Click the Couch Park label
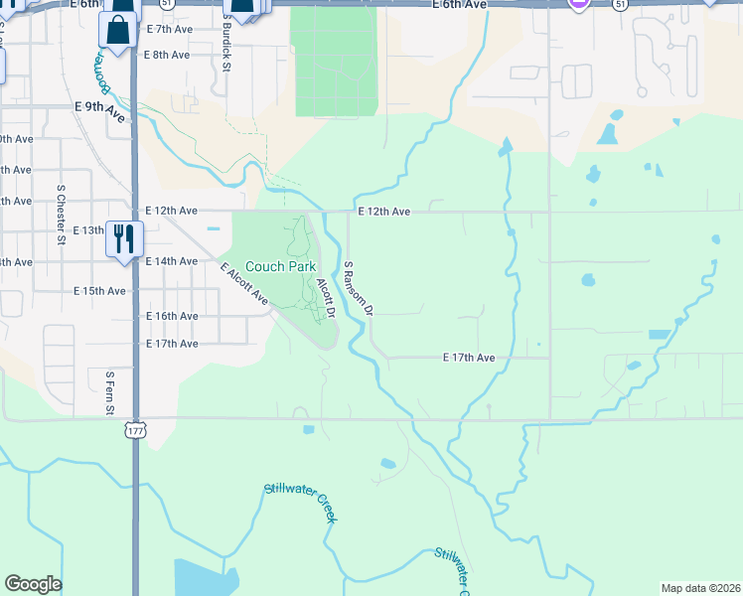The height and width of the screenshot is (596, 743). point(280,266)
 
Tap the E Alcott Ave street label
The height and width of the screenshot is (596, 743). point(244,284)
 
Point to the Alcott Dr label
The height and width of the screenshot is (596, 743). point(326,297)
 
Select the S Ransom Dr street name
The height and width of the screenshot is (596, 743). point(357,288)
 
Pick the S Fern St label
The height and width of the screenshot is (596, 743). point(109,393)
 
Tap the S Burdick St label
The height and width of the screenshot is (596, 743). point(226,44)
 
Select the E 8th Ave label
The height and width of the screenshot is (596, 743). point(167,55)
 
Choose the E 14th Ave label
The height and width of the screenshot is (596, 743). point(172,261)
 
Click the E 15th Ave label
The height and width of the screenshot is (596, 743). point(100,291)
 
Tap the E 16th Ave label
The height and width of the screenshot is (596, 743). point(172,316)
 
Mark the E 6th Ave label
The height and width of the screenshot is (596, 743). point(460,5)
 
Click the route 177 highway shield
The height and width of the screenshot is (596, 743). point(135,429)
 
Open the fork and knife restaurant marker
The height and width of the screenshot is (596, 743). point(124,237)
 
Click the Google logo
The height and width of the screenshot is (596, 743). point(33,584)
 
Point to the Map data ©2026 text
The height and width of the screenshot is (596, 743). point(699,588)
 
